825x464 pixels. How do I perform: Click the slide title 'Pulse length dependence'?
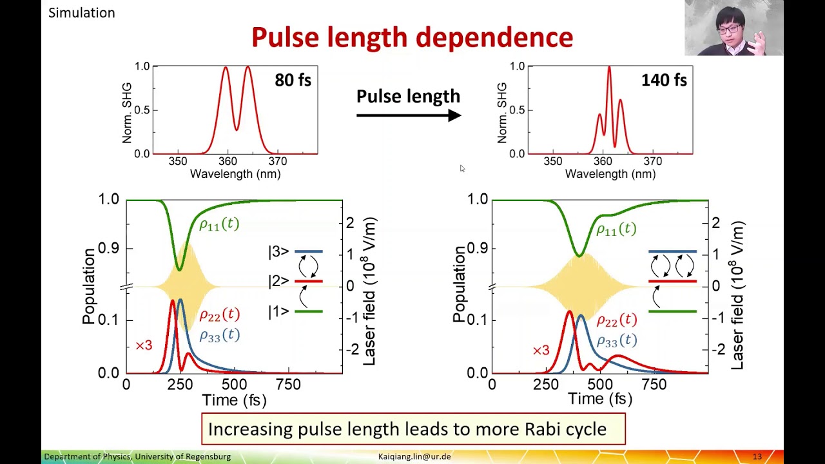click(x=412, y=37)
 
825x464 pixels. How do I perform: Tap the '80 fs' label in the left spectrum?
click(x=293, y=81)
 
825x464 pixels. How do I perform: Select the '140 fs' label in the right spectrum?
click(x=664, y=81)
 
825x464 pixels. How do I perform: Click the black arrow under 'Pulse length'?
click(x=409, y=115)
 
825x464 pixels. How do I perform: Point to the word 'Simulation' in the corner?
click(x=82, y=13)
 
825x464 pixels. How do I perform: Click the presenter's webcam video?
click(x=733, y=28)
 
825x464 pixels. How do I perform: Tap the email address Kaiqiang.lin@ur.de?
click(x=414, y=456)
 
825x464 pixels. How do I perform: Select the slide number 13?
click(x=757, y=456)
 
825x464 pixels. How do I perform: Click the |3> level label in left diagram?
click(x=278, y=251)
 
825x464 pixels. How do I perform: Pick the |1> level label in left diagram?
click(x=278, y=312)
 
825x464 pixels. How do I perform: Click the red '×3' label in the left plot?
click(x=144, y=346)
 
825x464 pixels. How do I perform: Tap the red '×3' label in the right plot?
click(x=541, y=351)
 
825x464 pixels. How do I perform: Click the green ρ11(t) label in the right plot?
click(x=616, y=229)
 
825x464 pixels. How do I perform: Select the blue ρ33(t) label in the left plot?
click(x=219, y=335)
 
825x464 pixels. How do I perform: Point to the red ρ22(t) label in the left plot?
click(x=219, y=315)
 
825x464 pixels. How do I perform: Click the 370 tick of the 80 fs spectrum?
click(x=278, y=161)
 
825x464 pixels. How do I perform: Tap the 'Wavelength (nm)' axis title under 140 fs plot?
click(x=610, y=174)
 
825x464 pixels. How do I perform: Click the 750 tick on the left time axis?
click(x=288, y=385)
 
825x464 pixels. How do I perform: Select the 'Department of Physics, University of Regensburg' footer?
click(x=137, y=456)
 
